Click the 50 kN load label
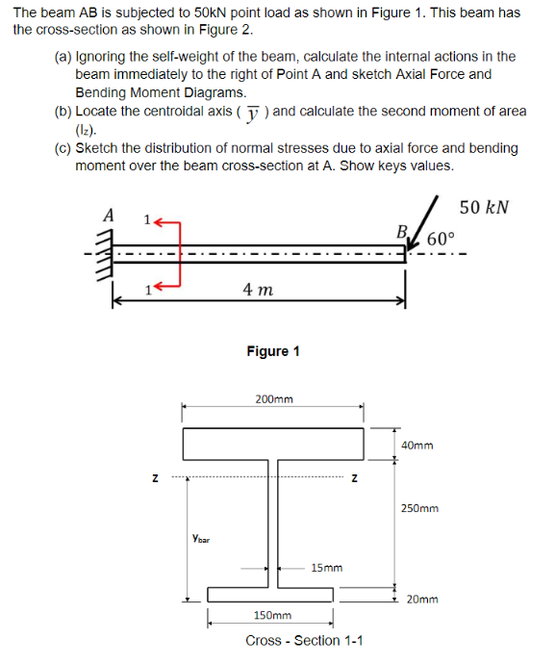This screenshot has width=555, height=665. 484,207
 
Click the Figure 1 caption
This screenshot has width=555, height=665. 272,350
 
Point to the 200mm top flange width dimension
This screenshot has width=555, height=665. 273,397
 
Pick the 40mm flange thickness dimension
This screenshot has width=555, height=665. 416,446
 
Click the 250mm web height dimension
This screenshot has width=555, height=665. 419,507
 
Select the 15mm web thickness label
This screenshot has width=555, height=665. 326,568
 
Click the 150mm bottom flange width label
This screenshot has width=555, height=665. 271,614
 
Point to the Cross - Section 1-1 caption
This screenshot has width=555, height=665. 304,641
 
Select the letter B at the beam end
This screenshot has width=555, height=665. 402,230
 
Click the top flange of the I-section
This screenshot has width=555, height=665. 273,444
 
